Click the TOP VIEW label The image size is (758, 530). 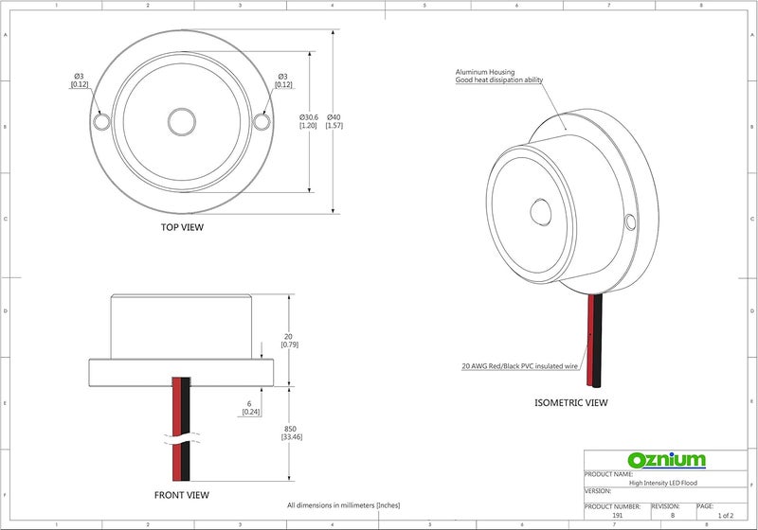(x=182, y=227)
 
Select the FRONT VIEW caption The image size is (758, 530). (x=182, y=495)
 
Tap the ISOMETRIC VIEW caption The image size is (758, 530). (x=571, y=402)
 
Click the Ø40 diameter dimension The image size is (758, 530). (x=334, y=121)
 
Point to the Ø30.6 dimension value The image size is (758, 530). (x=309, y=121)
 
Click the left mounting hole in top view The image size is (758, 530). (x=101, y=121)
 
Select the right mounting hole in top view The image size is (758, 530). (x=262, y=121)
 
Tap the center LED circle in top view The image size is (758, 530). (x=182, y=121)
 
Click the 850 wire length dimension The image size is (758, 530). (x=290, y=433)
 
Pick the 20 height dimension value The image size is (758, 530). (x=289, y=341)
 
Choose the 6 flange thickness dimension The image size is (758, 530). (x=250, y=407)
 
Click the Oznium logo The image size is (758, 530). (x=666, y=460)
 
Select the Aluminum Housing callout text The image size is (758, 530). (x=499, y=76)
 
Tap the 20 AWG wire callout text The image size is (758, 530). (x=519, y=366)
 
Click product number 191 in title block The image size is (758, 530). (x=618, y=515)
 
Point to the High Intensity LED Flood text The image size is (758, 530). (x=662, y=483)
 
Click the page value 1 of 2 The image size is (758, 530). (x=725, y=515)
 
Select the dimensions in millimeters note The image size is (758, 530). (x=344, y=505)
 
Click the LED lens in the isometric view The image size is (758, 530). (x=540, y=212)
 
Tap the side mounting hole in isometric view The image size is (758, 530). (x=630, y=221)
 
